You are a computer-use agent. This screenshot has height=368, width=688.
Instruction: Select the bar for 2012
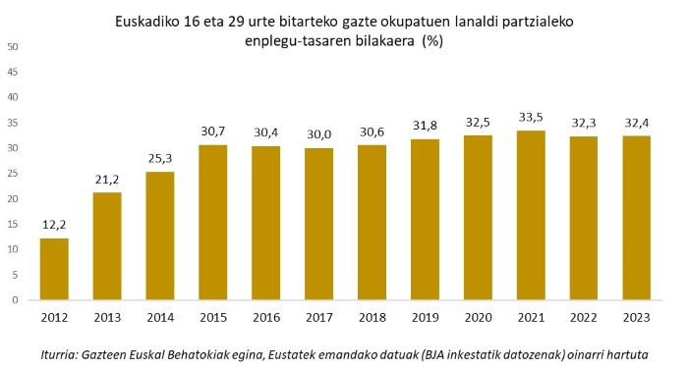(55, 269)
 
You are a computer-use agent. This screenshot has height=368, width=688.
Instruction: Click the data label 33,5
(531, 119)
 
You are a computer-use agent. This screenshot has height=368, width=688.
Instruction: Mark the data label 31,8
(426, 128)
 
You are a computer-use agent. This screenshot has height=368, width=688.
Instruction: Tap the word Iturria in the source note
(63, 351)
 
